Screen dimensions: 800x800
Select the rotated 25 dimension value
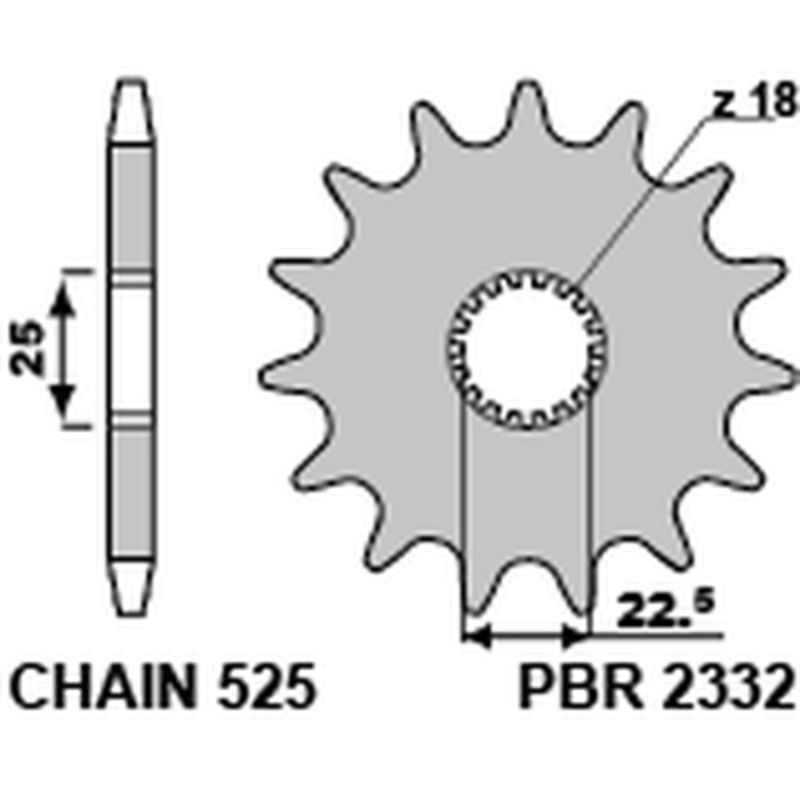(x=29, y=347)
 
